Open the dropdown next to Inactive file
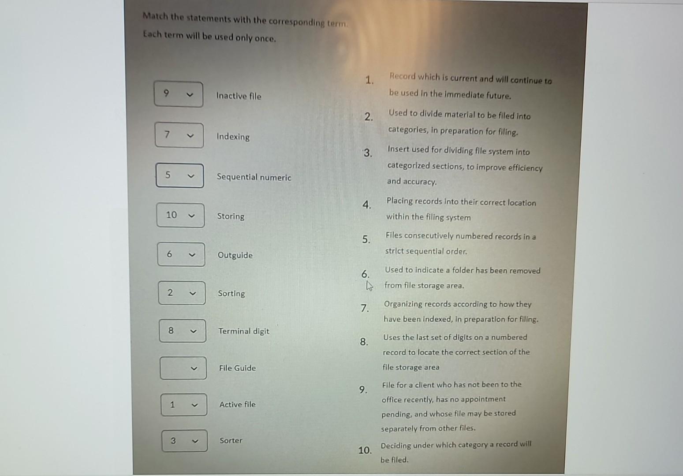[179, 94]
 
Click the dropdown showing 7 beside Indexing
[179, 135]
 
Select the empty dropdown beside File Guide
[183, 368]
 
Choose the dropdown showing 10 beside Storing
[180, 215]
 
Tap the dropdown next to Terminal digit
[182, 331]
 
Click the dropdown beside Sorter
[184, 441]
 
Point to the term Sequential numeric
[254, 177]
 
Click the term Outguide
[235, 255]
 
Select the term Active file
[237, 404]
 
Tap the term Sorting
[231, 294]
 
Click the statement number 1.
[369, 80]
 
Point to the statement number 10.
[365, 450]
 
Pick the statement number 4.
[366, 205]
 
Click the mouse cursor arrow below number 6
[369, 286]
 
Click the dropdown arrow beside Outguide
[192, 255]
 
